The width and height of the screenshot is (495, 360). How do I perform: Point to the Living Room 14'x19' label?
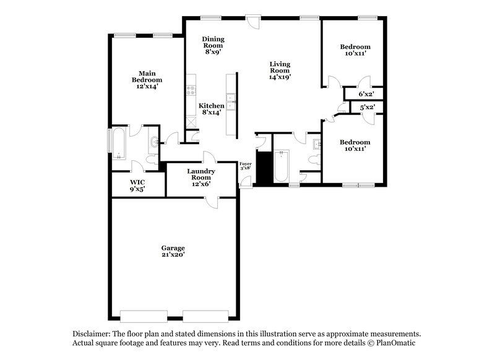tap(280, 70)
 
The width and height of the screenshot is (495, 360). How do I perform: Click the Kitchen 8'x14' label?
tap(211, 109)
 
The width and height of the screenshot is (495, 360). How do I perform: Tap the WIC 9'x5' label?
tap(137, 186)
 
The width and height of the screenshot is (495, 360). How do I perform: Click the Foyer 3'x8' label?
tap(246, 166)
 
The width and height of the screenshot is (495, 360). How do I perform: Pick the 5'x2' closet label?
tap(368, 108)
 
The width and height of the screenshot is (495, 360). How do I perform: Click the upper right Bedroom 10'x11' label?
tap(355, 50)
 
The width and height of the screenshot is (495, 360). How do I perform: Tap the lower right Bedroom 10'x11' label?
tap(355, 145)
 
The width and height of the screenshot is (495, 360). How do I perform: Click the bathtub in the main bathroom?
tap(119, 144)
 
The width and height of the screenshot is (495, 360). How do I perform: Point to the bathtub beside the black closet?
tap(281, 166)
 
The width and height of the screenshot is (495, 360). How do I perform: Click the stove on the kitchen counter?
tap(191, 90)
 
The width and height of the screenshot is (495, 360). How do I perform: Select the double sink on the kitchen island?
tap(233, 102)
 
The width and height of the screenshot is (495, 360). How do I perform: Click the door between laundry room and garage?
tap(213, 202)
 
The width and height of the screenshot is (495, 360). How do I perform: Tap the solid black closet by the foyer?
tap(264, 167)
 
